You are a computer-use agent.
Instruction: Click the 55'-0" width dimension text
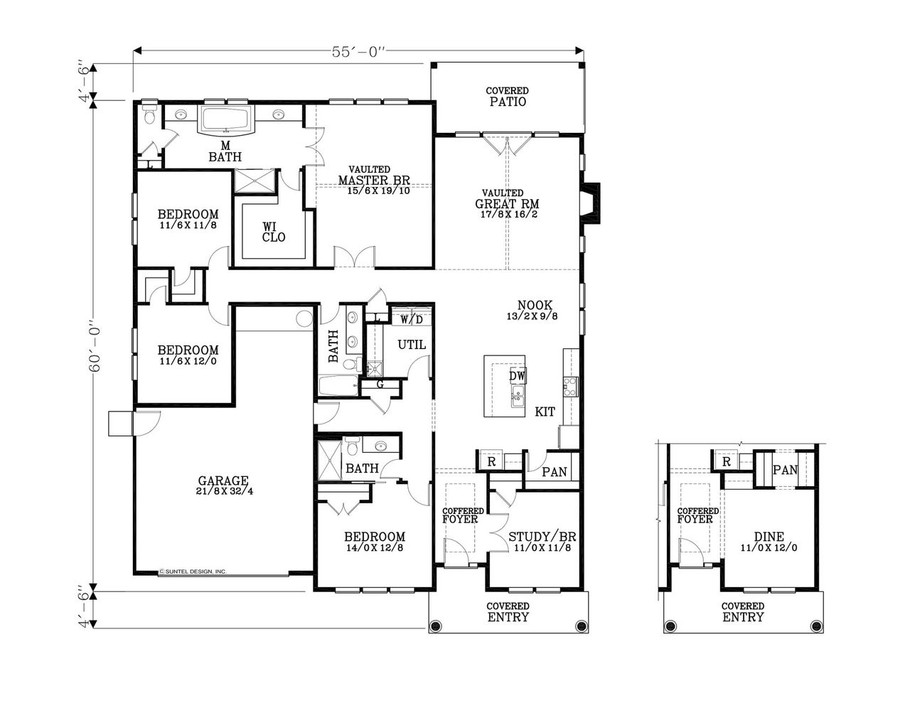358,52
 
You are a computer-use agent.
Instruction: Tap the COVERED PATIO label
507,97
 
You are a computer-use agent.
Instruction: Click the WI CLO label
273,232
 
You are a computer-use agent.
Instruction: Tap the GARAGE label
223,481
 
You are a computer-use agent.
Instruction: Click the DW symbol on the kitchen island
517,375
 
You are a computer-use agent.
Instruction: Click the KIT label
545,412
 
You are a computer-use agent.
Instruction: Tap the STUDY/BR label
542,537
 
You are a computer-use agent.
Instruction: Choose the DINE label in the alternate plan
769,537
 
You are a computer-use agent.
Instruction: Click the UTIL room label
411,345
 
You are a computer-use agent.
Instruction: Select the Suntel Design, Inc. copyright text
192,571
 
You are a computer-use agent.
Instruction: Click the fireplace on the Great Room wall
590,203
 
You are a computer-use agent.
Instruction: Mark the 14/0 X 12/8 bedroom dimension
374,548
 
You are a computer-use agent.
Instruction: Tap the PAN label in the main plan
554,471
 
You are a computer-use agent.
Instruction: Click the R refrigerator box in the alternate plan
726,461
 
